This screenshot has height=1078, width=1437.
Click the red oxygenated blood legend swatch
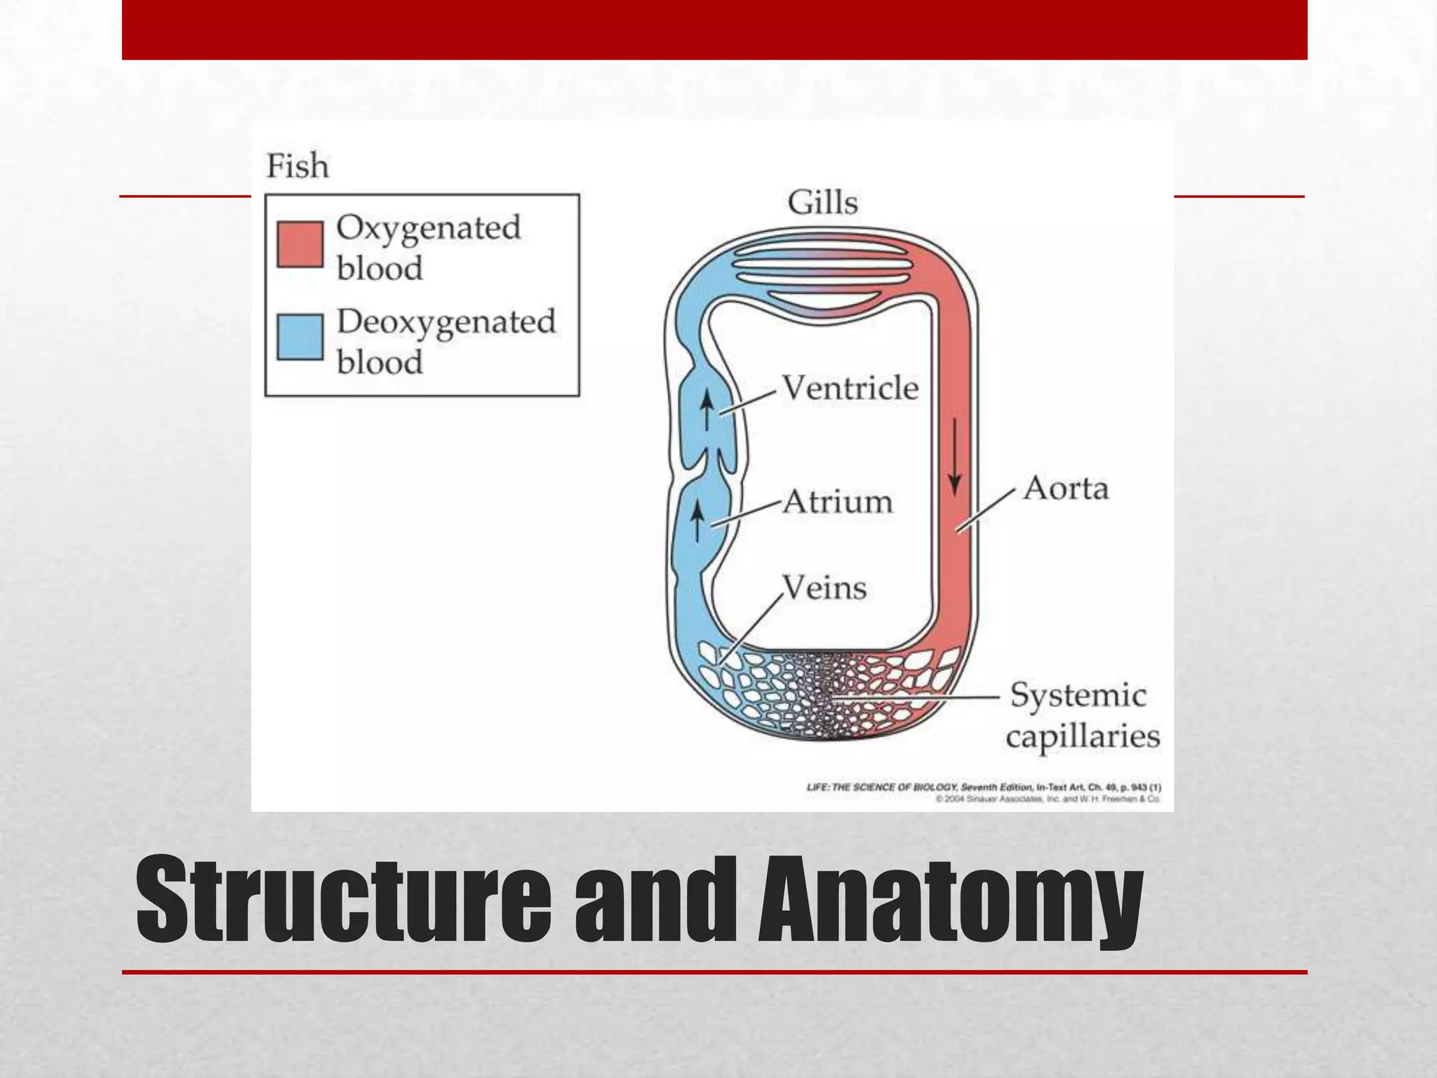tap(300, 244)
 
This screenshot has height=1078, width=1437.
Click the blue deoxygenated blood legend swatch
tap(300, 337)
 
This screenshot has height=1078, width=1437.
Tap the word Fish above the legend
tap(298, 167)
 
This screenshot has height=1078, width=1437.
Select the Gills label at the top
tap(822, 203)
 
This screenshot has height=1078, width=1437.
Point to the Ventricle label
tap(850, 388)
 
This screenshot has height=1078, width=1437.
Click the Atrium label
tap(838, 502)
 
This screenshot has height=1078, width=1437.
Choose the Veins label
tap(824, 587)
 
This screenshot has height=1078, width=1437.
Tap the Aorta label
tap(1065, 488)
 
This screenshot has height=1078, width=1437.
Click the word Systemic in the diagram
tap(1078, 696)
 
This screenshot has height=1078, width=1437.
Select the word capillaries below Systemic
tap(1083, 737)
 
